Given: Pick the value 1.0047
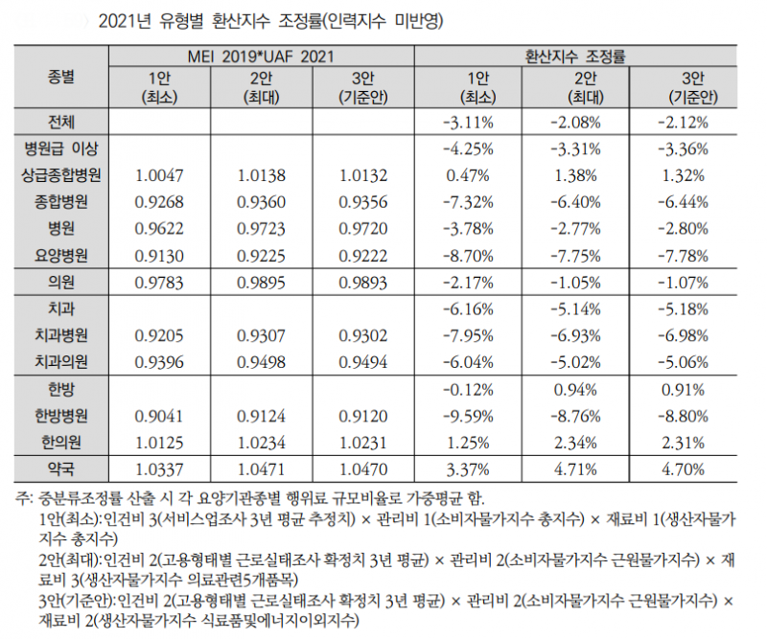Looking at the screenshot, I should pyautogui.click(x=153, y=175).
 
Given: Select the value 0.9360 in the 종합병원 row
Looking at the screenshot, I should pyautogui.click(x=260, y=202).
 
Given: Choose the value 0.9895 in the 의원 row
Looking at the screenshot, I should pyautogui.click(x=260, y=283).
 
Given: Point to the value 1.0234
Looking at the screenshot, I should pyautogui.click(x=260, y=442).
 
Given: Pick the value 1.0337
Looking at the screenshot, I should pyautogui.click(x=153, y=468).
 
